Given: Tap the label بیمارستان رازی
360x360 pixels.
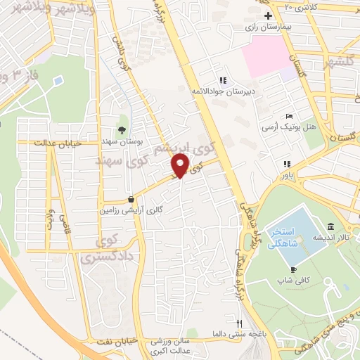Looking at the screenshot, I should tap(268, 26).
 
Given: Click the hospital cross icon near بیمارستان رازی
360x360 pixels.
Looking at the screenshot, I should tap(267, 15).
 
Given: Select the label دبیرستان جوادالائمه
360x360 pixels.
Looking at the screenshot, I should tap(224, 91).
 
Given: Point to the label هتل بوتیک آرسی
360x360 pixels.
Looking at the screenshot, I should tap(289, 127).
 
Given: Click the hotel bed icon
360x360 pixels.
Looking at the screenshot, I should tap(289, 116).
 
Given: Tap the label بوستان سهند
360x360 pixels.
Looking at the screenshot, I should tap(122, 141).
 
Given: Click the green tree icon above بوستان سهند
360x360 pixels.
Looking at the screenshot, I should tap(122, 129).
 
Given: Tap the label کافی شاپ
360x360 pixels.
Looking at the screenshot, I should tap(293, 281).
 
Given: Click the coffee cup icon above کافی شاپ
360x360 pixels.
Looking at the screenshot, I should tap(293, 270).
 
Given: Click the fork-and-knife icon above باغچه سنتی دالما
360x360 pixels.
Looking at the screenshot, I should tap(239, 323).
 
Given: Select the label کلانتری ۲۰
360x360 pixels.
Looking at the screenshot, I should tap(303, 6).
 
